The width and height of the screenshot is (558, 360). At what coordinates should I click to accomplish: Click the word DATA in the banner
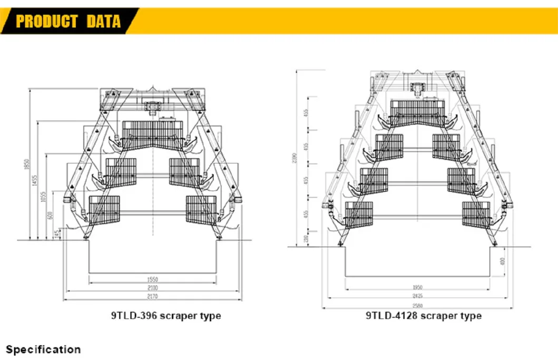tap(103, 22)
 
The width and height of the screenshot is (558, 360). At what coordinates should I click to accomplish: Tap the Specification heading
tap(43, 349)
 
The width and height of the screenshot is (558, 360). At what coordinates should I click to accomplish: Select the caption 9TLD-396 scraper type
tap(165, 316)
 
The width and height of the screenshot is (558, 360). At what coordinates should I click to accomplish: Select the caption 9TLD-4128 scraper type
tap(424, 316)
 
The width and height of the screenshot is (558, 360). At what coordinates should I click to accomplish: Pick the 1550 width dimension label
tap(153, 280)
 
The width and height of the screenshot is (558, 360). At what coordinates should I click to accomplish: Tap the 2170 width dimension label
tap(153, 297)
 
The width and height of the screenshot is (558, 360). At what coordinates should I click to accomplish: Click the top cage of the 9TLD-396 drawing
tap(152, 131)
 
